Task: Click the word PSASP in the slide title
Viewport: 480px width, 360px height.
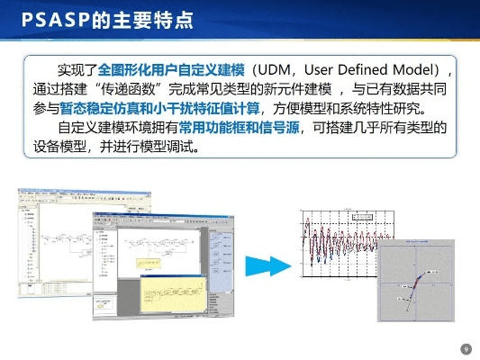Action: [x=43, y=20]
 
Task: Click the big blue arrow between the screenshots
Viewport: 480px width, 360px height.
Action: [x=285, y=265]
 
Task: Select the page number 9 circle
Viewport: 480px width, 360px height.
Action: [x=466, y=348]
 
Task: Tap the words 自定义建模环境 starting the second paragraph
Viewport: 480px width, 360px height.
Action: [x=107, y=129]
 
